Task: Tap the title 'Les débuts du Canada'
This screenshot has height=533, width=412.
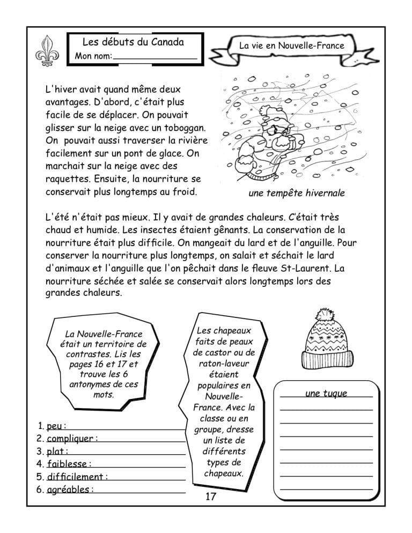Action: point(133,42)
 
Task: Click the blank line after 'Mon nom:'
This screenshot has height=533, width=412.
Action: point(155,56)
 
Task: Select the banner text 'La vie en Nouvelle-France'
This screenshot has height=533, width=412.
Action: point(292,46)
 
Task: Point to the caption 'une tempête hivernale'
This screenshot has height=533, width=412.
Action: point(297,193)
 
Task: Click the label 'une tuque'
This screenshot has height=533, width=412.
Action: point(326,394)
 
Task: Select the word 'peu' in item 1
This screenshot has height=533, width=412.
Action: point(54,426)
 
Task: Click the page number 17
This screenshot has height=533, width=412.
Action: point(211,497)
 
